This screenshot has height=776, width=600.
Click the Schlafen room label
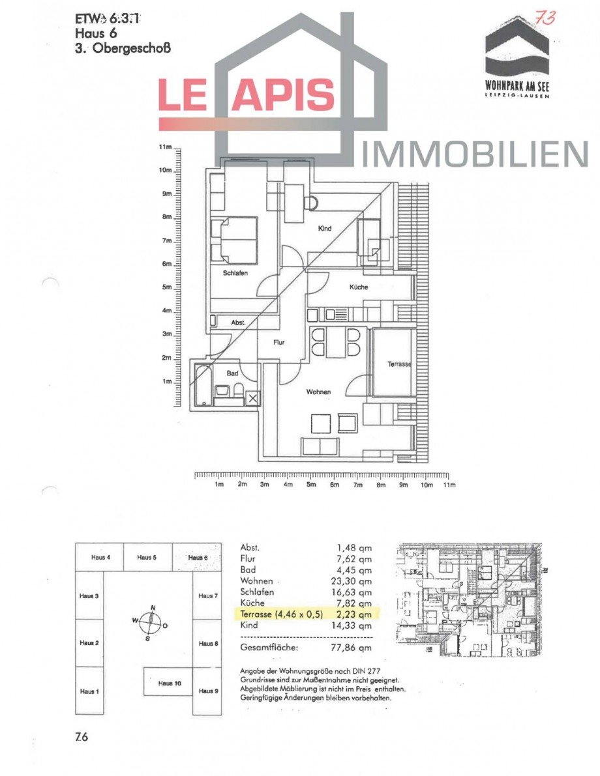pyautogui.click(x=235, y=274)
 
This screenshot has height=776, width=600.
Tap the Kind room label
pyautogui.click(x=325, y=229)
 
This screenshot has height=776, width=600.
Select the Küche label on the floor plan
pyautogui.click(x=358, y=287)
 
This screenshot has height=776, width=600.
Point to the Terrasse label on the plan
pyautogui.click(x=399, y=364)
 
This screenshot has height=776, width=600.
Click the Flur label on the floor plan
pyautogui.click(x=278, y=342)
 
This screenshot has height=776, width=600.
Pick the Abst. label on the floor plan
pyautogui.click(x=238, y=323)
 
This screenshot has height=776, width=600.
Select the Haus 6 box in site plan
pyautogui.click(x=198, y=558)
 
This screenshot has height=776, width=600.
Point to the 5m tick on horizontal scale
pyautogui.click(x=311, y=476)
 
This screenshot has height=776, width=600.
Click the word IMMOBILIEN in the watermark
pyautogui.click(x=475, y=154)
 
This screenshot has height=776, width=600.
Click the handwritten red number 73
pyautogui.click(x=543, y=18)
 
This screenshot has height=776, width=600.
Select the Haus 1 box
pyautogui.click(x=89, y=691)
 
